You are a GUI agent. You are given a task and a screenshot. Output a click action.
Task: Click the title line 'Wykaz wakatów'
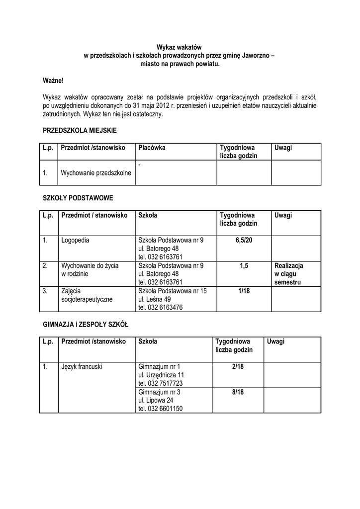click(180, 46)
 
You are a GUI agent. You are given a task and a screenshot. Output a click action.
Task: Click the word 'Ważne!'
click(53, 80)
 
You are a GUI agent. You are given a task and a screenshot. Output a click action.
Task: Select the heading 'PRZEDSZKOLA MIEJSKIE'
click(80, 130)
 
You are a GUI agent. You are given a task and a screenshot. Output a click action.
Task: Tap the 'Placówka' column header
click(152, 148)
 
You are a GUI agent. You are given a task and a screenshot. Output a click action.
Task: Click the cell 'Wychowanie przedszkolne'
click(96, 173)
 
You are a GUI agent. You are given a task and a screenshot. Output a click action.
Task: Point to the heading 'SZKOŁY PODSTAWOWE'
click(78, 198)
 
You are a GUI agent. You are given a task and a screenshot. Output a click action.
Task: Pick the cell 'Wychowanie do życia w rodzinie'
click(90, 269)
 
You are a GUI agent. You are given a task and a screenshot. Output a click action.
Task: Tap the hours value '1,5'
click(244, 266)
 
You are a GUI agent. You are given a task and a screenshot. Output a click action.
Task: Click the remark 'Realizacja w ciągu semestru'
click(288, 274)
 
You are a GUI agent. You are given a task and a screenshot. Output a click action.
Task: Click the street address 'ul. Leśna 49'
click(155, 299)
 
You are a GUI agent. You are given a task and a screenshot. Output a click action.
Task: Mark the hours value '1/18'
click(244, 291)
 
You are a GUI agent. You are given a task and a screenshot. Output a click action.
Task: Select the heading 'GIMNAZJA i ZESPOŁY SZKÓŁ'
click(86, 324)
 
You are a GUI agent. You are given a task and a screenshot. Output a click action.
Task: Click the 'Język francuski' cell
click(82, 367)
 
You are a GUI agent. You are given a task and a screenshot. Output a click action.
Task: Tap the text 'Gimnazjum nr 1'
click(159, 367)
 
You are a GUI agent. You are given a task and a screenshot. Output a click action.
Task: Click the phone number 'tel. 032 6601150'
click(161, 409)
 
